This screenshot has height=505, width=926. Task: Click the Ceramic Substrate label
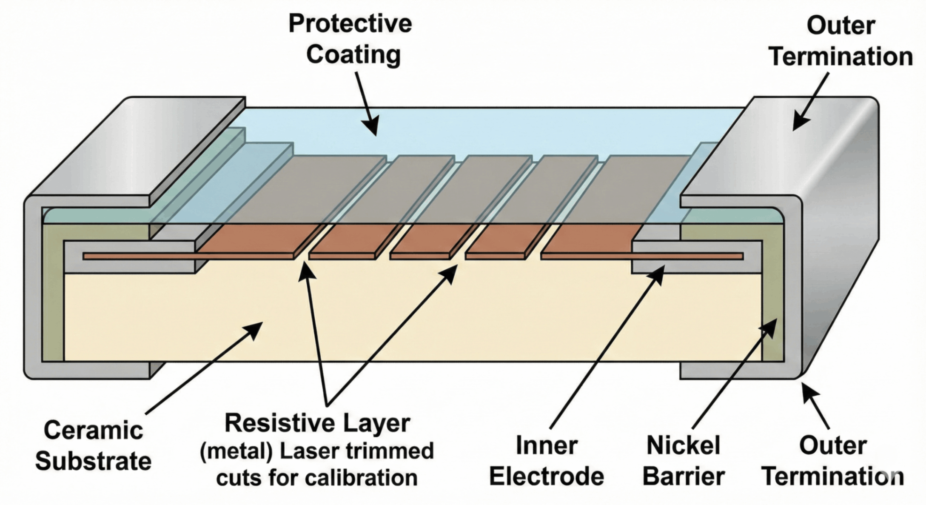[93, 445]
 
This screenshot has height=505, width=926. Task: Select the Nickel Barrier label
[683, 461]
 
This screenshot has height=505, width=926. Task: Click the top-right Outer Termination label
[841, 41]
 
